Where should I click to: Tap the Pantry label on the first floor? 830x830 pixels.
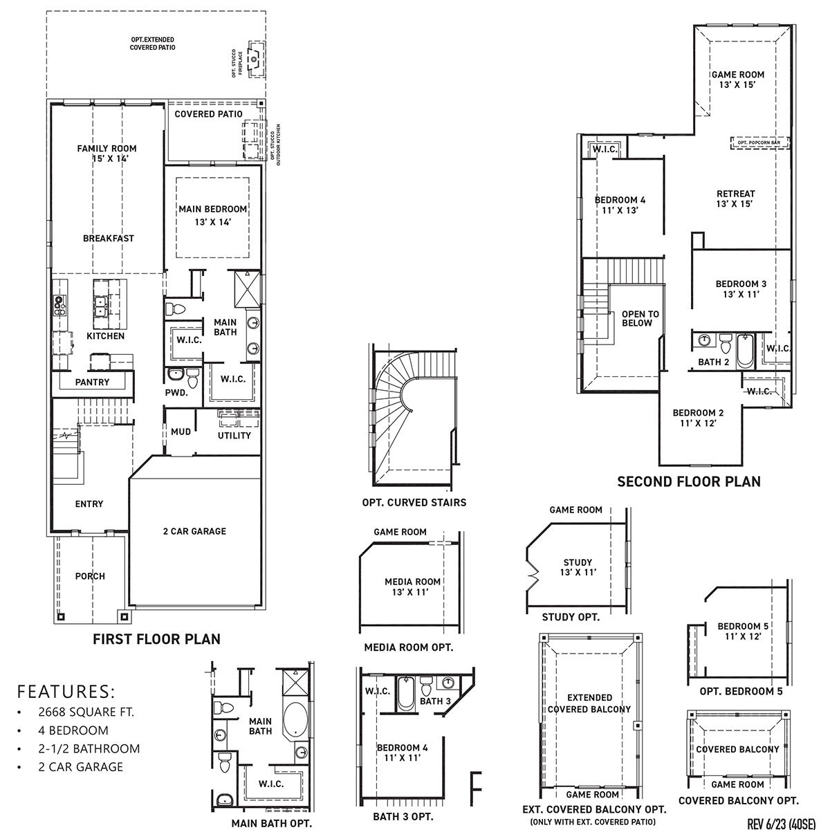click(x=92, y=382)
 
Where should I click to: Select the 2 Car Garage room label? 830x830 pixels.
click(x=194, y=531)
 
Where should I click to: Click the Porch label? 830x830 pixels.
click(x=90, y=576)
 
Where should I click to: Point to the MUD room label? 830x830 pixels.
click(x=181, y=432)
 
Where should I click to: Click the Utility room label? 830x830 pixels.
click(x=234, y=436)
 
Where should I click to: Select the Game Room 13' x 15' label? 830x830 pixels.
click(x=737, y=80)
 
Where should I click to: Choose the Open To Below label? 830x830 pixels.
click(x=640, y=318)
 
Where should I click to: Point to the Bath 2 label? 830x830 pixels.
click(x=713, y=362)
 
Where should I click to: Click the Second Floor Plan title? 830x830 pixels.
click(x=688, y=481)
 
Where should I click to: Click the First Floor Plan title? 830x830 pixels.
click(x=156, y=639)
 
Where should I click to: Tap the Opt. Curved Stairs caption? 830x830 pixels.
click(x=414, y=502)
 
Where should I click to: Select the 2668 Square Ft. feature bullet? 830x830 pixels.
click(x=86, y=712)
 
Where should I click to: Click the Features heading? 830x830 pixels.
click(x=66, y=691)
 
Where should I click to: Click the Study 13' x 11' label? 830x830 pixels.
click(x=576, y=567)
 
